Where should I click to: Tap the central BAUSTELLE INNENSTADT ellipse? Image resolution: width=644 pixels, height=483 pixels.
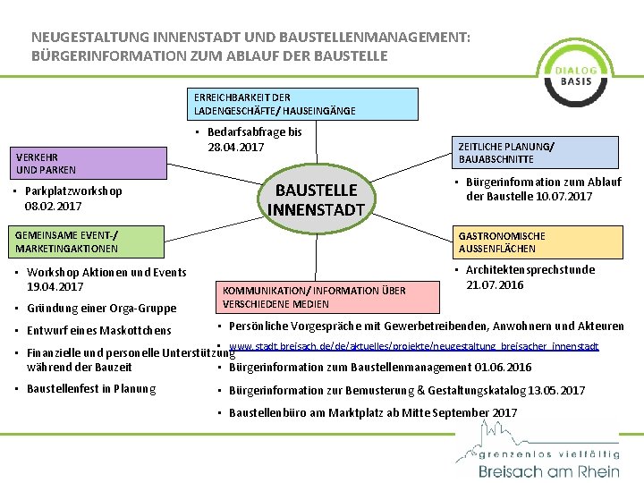[x=317, y=199]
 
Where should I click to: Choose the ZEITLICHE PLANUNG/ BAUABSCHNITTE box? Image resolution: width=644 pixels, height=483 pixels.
[x=537, y=152]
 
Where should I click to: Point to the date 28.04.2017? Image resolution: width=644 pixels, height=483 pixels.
[x=235, y=147]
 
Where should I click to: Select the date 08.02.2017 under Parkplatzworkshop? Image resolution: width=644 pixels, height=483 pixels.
[x=54, y=207]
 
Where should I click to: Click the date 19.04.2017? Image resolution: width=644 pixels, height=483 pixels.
[x=55, y=287]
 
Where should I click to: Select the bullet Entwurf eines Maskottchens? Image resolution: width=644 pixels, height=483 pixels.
[x=98, y=330]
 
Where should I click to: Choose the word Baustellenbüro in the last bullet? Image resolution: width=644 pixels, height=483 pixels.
[x=266, y=413]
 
